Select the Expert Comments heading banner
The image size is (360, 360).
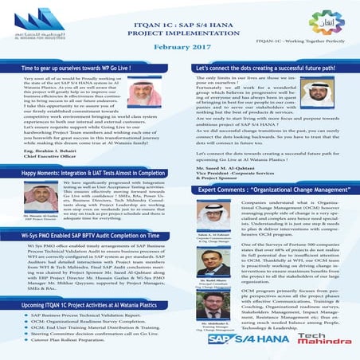pos(268,192)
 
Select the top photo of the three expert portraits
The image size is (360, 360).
pos(201,211)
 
